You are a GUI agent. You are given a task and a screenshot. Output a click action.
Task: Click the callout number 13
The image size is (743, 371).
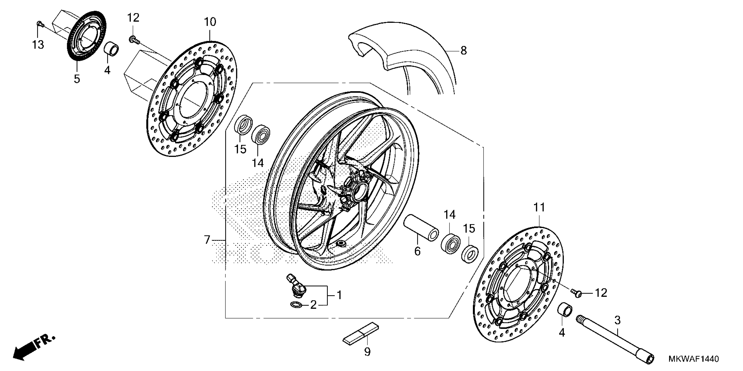tap(38, 45)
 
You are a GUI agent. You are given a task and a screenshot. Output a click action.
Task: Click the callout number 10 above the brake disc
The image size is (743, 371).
tap(210, 22)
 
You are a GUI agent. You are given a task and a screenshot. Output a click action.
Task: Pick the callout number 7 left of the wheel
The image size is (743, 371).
tap(207, 240)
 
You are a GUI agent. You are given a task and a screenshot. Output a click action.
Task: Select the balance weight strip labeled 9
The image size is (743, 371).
tap(361, 333)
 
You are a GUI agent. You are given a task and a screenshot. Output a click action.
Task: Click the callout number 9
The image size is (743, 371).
tap(367, 352)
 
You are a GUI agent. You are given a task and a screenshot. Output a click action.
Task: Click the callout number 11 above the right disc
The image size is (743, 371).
tap(539, 207)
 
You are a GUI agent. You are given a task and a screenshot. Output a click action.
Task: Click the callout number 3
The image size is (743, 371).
tap(617, 320)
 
